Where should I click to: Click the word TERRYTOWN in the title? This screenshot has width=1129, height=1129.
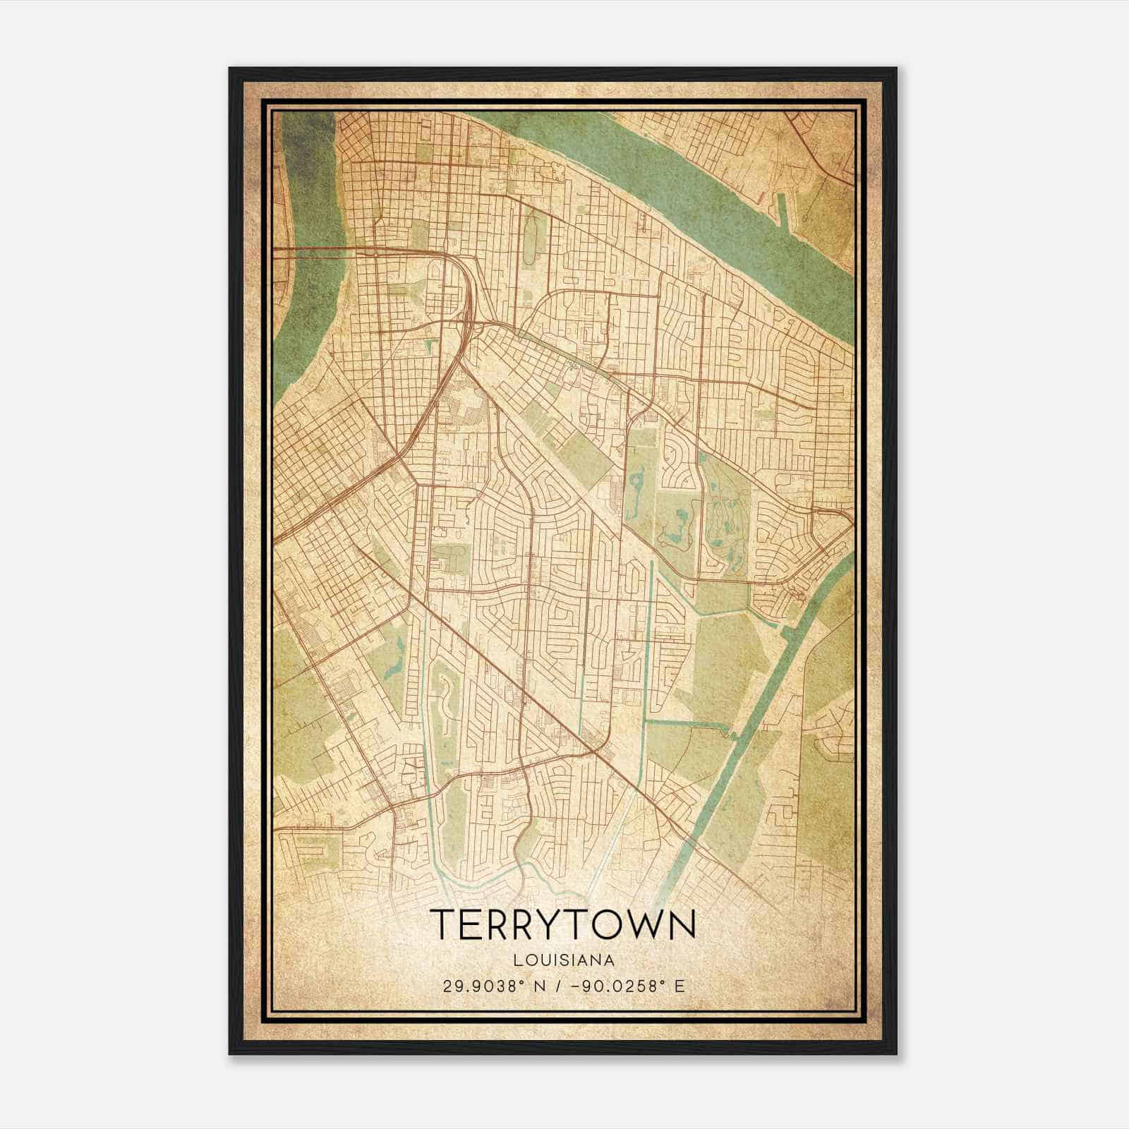(562, 924)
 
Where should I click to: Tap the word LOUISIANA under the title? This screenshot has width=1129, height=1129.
(563, 960)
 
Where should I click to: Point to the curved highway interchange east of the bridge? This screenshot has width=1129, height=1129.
(462, 296)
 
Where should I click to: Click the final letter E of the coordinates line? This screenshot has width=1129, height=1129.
(680, 986)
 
